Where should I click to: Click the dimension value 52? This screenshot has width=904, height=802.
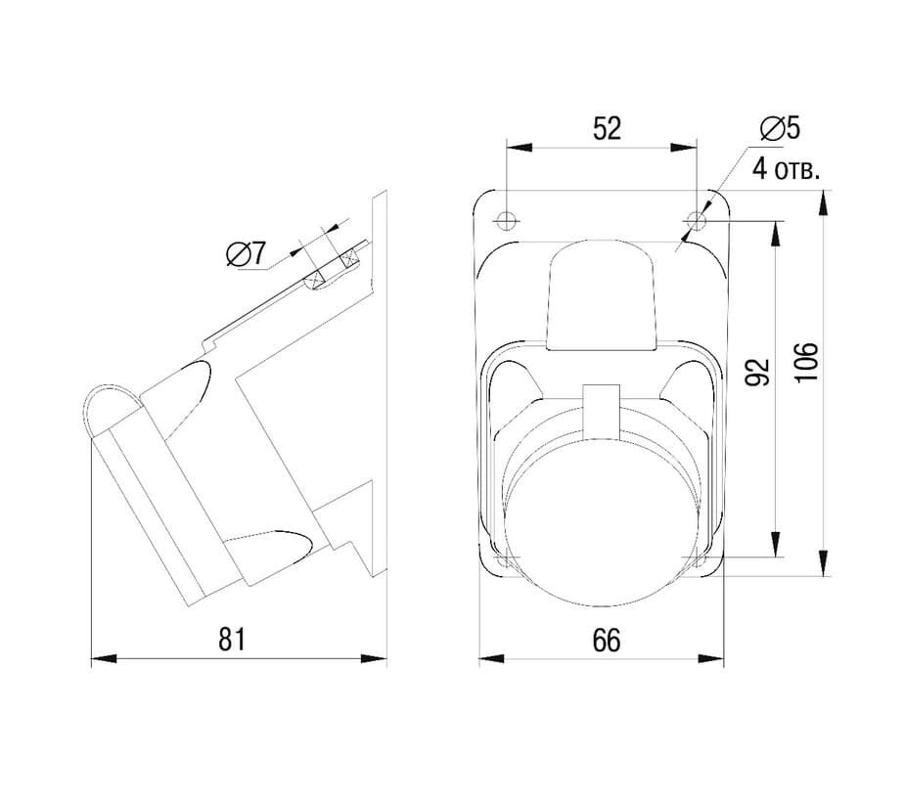(608, 128)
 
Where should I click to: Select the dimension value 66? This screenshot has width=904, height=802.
(607, 640)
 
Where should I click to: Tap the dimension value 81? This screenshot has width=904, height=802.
(232, 639)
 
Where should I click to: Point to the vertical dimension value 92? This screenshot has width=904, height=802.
(757, 372)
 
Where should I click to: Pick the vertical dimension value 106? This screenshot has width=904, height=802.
(806, 362)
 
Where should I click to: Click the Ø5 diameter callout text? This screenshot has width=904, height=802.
(780, 128)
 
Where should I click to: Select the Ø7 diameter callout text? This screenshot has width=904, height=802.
(247, 253)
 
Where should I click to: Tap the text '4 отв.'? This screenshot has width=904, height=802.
(787, 170)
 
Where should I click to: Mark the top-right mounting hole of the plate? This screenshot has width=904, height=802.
(697, 219)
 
